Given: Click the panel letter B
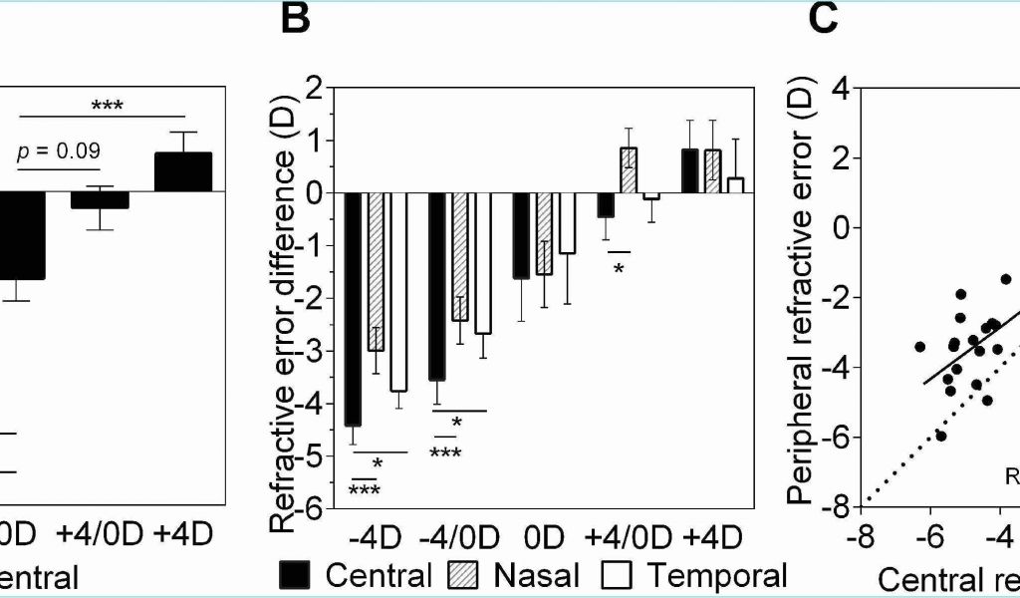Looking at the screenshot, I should coord(296,19).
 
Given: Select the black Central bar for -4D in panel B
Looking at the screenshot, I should coord(353,309).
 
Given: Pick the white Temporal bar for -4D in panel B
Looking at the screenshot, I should coord(398,291).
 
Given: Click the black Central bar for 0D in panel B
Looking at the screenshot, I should coord(521,235).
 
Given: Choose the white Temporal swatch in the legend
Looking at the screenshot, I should coord(616,576).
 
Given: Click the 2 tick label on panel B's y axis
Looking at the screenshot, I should coord(316,88).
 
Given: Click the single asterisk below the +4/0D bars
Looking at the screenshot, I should coord(619,267).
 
